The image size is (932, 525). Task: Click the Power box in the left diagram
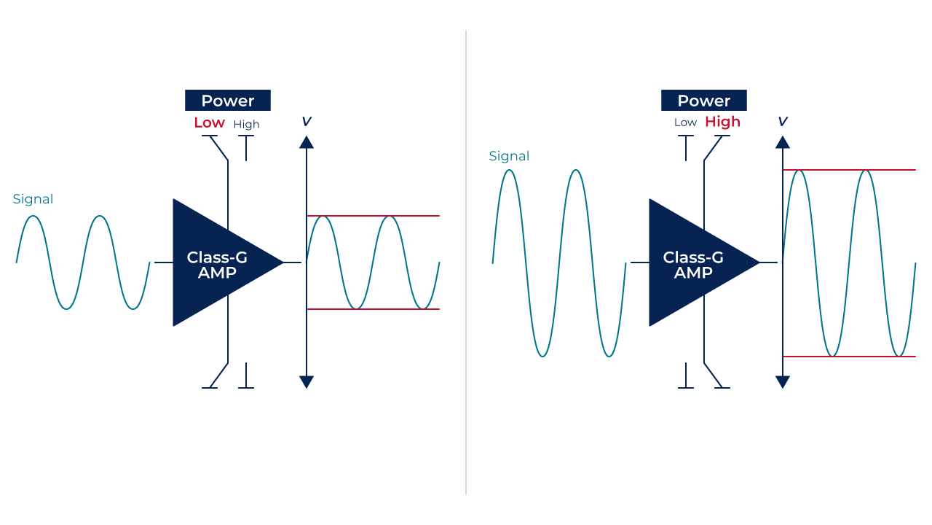[x=228, y=101]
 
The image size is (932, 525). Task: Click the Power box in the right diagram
[x=704, y=101]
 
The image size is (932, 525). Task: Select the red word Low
[x=209, y=122]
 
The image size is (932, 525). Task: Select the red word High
[x=723, y=122]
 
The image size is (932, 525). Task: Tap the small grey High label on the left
[x=246, y=124]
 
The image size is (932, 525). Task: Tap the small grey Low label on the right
[x=685, y=122]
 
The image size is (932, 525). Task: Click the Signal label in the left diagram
[x=33, y=199]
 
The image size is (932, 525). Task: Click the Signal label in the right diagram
[x=509, y=156]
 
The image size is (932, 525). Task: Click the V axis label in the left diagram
[x=307, y=122]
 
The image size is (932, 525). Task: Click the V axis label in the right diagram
[x=783, y=122]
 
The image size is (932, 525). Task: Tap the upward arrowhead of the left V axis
[x=307, y=143]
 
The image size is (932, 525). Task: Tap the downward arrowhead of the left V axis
[x=307, y=381]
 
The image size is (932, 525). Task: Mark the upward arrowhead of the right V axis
[x=783, y=143]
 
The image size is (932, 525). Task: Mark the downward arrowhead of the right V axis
[x=783, y=381]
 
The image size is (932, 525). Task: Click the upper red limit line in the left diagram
[x=374, y=216]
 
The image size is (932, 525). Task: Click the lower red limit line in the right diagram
[x=849, y=357]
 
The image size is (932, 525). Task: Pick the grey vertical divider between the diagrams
[x=466, y=262]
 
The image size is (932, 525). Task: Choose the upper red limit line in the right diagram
[x=849, y=170]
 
